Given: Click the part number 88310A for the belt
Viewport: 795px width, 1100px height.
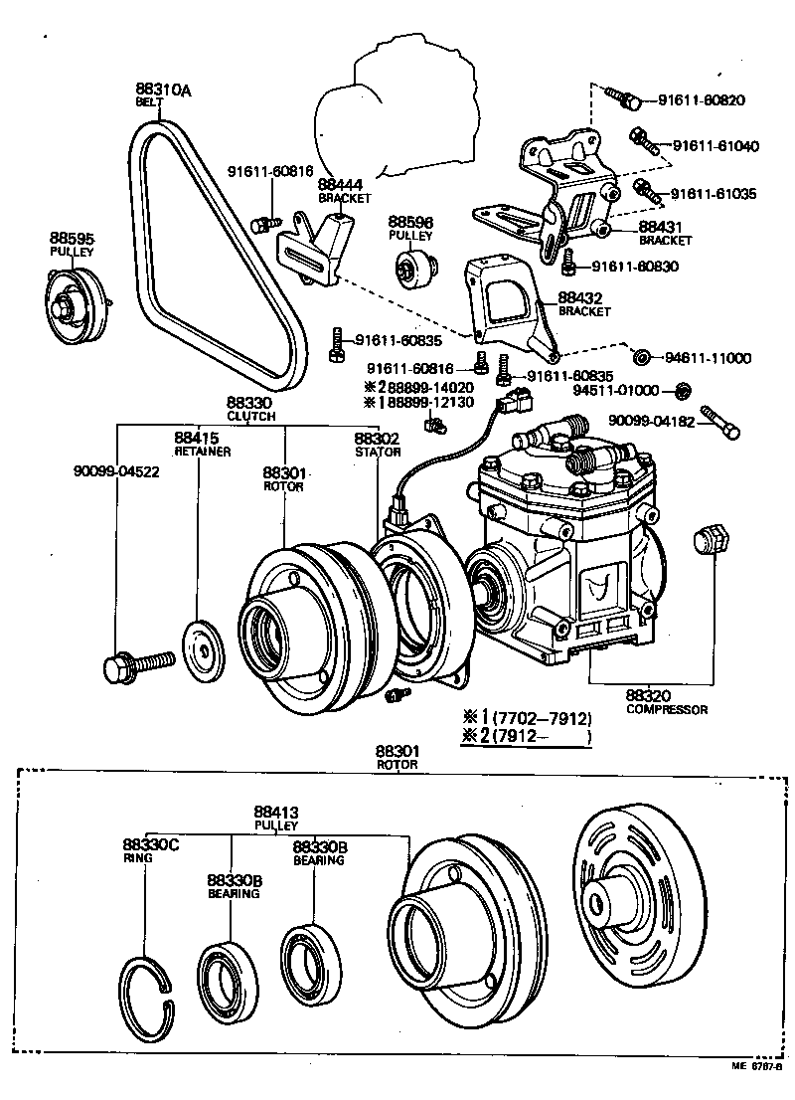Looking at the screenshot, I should pos(163,90).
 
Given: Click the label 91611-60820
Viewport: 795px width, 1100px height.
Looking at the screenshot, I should pos(702,100).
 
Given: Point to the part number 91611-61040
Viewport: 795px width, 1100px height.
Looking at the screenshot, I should pos(715,146).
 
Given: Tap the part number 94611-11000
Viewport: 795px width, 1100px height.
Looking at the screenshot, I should pos(708,358).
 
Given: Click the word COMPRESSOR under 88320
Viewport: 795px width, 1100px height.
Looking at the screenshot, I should pos(666,710).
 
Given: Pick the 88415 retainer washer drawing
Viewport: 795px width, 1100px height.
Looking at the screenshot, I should pos(204,651).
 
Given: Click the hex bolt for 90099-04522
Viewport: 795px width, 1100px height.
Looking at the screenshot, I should pos(138,664).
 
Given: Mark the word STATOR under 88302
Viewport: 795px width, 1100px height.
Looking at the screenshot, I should pos(378,452).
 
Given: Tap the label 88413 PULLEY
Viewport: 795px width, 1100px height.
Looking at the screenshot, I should pos(276,818).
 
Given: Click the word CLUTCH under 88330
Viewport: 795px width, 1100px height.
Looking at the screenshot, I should pos(251,416).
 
